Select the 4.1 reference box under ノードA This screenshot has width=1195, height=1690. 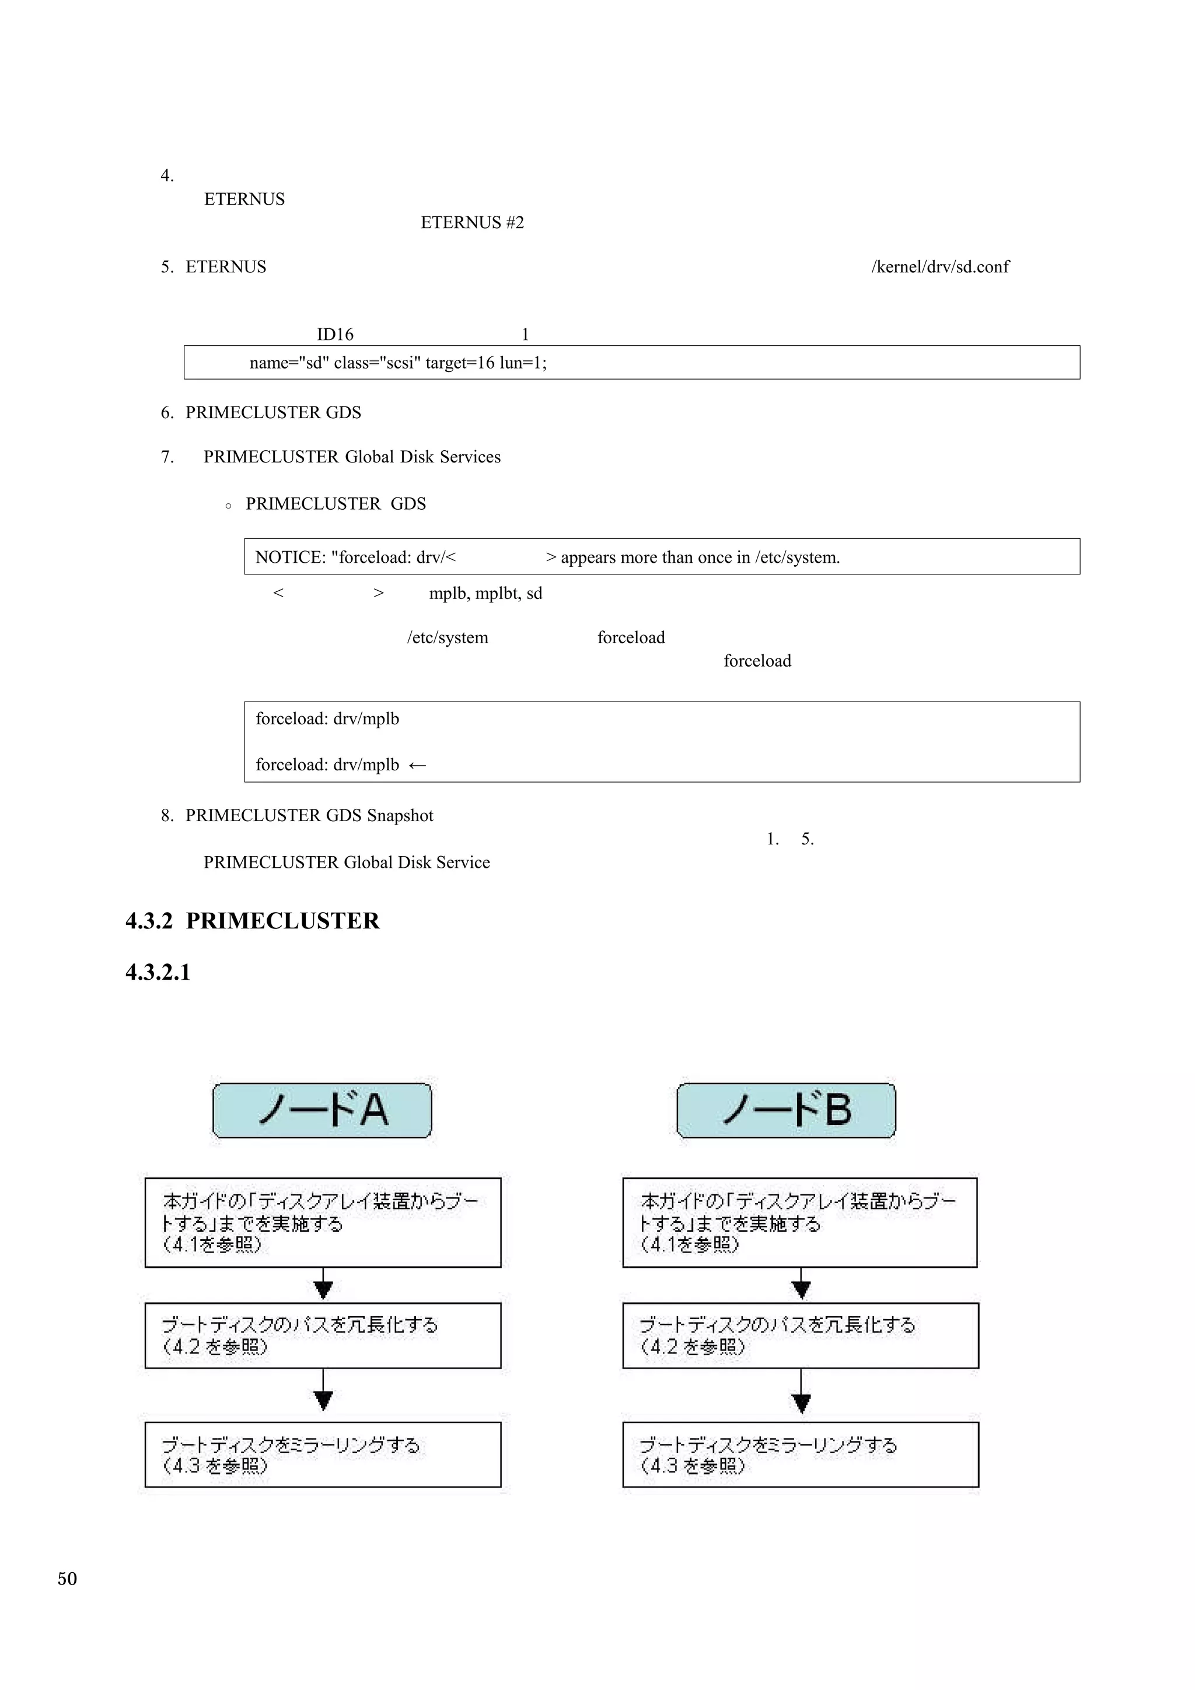click(x=323, y=1223)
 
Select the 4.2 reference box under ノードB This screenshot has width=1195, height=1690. click(x=801, y=1336)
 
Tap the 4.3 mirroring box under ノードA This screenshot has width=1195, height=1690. click(x=323, y=1455)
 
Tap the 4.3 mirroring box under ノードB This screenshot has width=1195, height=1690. click(x=801, y=1455)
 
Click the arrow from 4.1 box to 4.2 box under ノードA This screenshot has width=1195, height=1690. click(x=323, y=1285)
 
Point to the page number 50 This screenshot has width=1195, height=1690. click(x=67, y=1579)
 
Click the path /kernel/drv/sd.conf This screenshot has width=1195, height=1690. click(x=940, y=267)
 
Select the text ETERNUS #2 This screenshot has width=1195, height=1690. click(x=472, y=222)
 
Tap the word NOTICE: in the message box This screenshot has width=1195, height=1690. click(x=290, y=557)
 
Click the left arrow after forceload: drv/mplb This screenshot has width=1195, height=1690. click(x=417, y=766)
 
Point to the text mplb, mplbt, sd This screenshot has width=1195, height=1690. click(x=485, y=593)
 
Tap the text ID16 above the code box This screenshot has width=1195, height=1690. click(x=335, y=335)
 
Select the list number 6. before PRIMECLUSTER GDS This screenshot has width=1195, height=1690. click(x=167, y=413)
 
